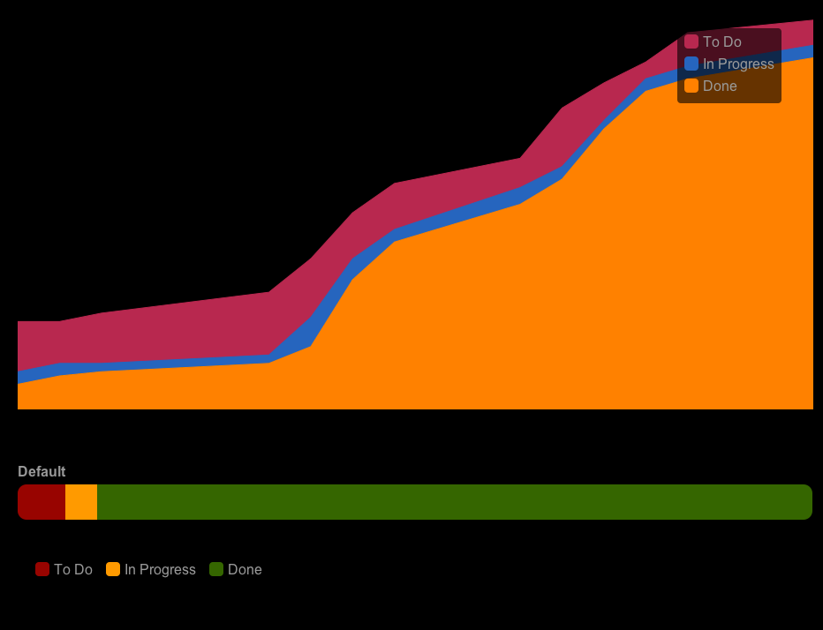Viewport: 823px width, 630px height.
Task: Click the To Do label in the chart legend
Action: [721, 41]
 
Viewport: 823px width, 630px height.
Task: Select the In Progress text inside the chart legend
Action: [737, 64]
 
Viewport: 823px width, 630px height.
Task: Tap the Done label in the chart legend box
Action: [719, 86]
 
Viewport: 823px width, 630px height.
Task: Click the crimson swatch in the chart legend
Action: [691, 41]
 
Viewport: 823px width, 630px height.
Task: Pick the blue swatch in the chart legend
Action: [691, 64]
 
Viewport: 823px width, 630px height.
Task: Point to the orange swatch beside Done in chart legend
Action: [691, 86]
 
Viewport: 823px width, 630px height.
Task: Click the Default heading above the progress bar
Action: [42, 471]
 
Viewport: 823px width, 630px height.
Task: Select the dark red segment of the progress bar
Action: [42, 502]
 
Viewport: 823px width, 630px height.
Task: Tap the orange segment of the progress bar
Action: [81, 502]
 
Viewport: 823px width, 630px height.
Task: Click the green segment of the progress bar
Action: [442, 502]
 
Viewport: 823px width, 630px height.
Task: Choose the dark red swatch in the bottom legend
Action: [42, 569]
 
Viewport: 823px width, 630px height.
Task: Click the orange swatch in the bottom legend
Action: [113, 569]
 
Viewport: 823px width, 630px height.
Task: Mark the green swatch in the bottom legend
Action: [216, 569]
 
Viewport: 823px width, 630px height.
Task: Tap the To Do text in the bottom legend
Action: [72, 569]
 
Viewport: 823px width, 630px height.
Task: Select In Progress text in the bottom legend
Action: [160, 569]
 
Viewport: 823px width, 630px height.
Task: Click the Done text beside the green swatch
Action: [245, 569]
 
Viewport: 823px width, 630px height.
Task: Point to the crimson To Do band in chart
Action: [177, 331]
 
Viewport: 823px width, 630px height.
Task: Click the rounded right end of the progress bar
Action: [805, 502]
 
